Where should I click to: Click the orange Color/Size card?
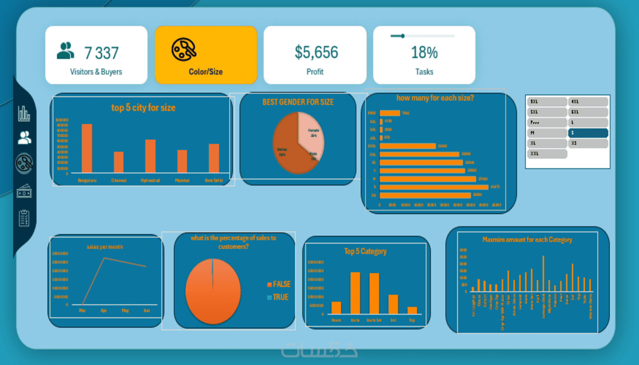coord(206,55)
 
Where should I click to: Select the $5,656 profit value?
coord(316,52)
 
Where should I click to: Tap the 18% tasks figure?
coord(424,53)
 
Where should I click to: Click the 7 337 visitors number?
coord(101,53)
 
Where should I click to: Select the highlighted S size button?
coord(588,133)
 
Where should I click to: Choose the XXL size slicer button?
coord(547,154)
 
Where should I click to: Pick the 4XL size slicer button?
coord(588,102)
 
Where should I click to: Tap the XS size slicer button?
coord(588,143)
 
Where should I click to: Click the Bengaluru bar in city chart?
coord(87,148)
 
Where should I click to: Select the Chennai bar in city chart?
coord(119,162)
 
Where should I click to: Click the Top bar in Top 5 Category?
coord(412,310)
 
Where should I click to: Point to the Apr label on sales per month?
coord(104,310)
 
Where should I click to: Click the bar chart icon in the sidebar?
coord(24,113)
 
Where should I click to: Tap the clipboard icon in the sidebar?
coord(24,218)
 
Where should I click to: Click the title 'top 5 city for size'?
coord(143,108)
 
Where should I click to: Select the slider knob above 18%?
coord(403,36)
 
